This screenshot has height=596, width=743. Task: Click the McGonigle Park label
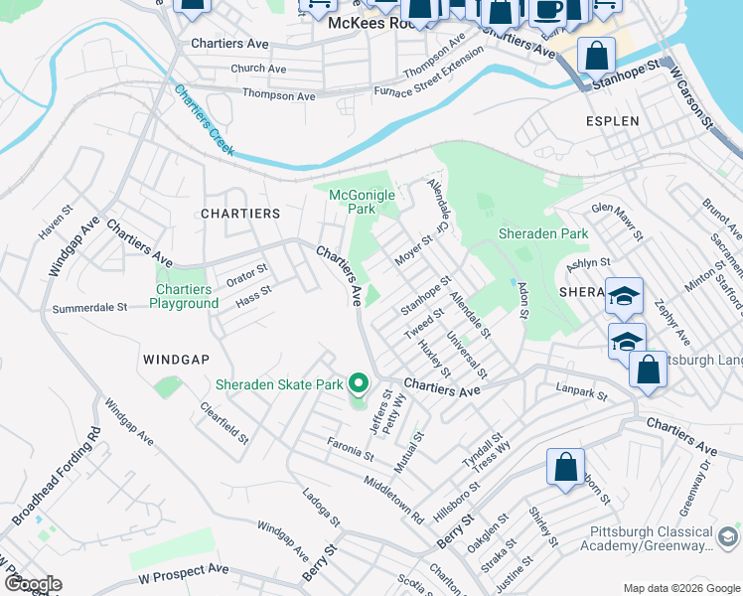point(362,203)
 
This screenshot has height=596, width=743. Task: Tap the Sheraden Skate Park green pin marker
point(359,382)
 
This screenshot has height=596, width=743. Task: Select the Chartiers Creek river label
point(204,119)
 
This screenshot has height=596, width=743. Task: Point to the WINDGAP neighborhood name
point(177,359)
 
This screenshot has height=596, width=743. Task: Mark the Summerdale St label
point(89,308)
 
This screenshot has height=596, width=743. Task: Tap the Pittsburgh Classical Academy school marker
point(728,537)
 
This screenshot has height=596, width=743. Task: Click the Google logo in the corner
point(32,584)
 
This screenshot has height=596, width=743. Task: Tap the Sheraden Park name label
point(542,234)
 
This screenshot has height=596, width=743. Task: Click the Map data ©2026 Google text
point(680,588)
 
